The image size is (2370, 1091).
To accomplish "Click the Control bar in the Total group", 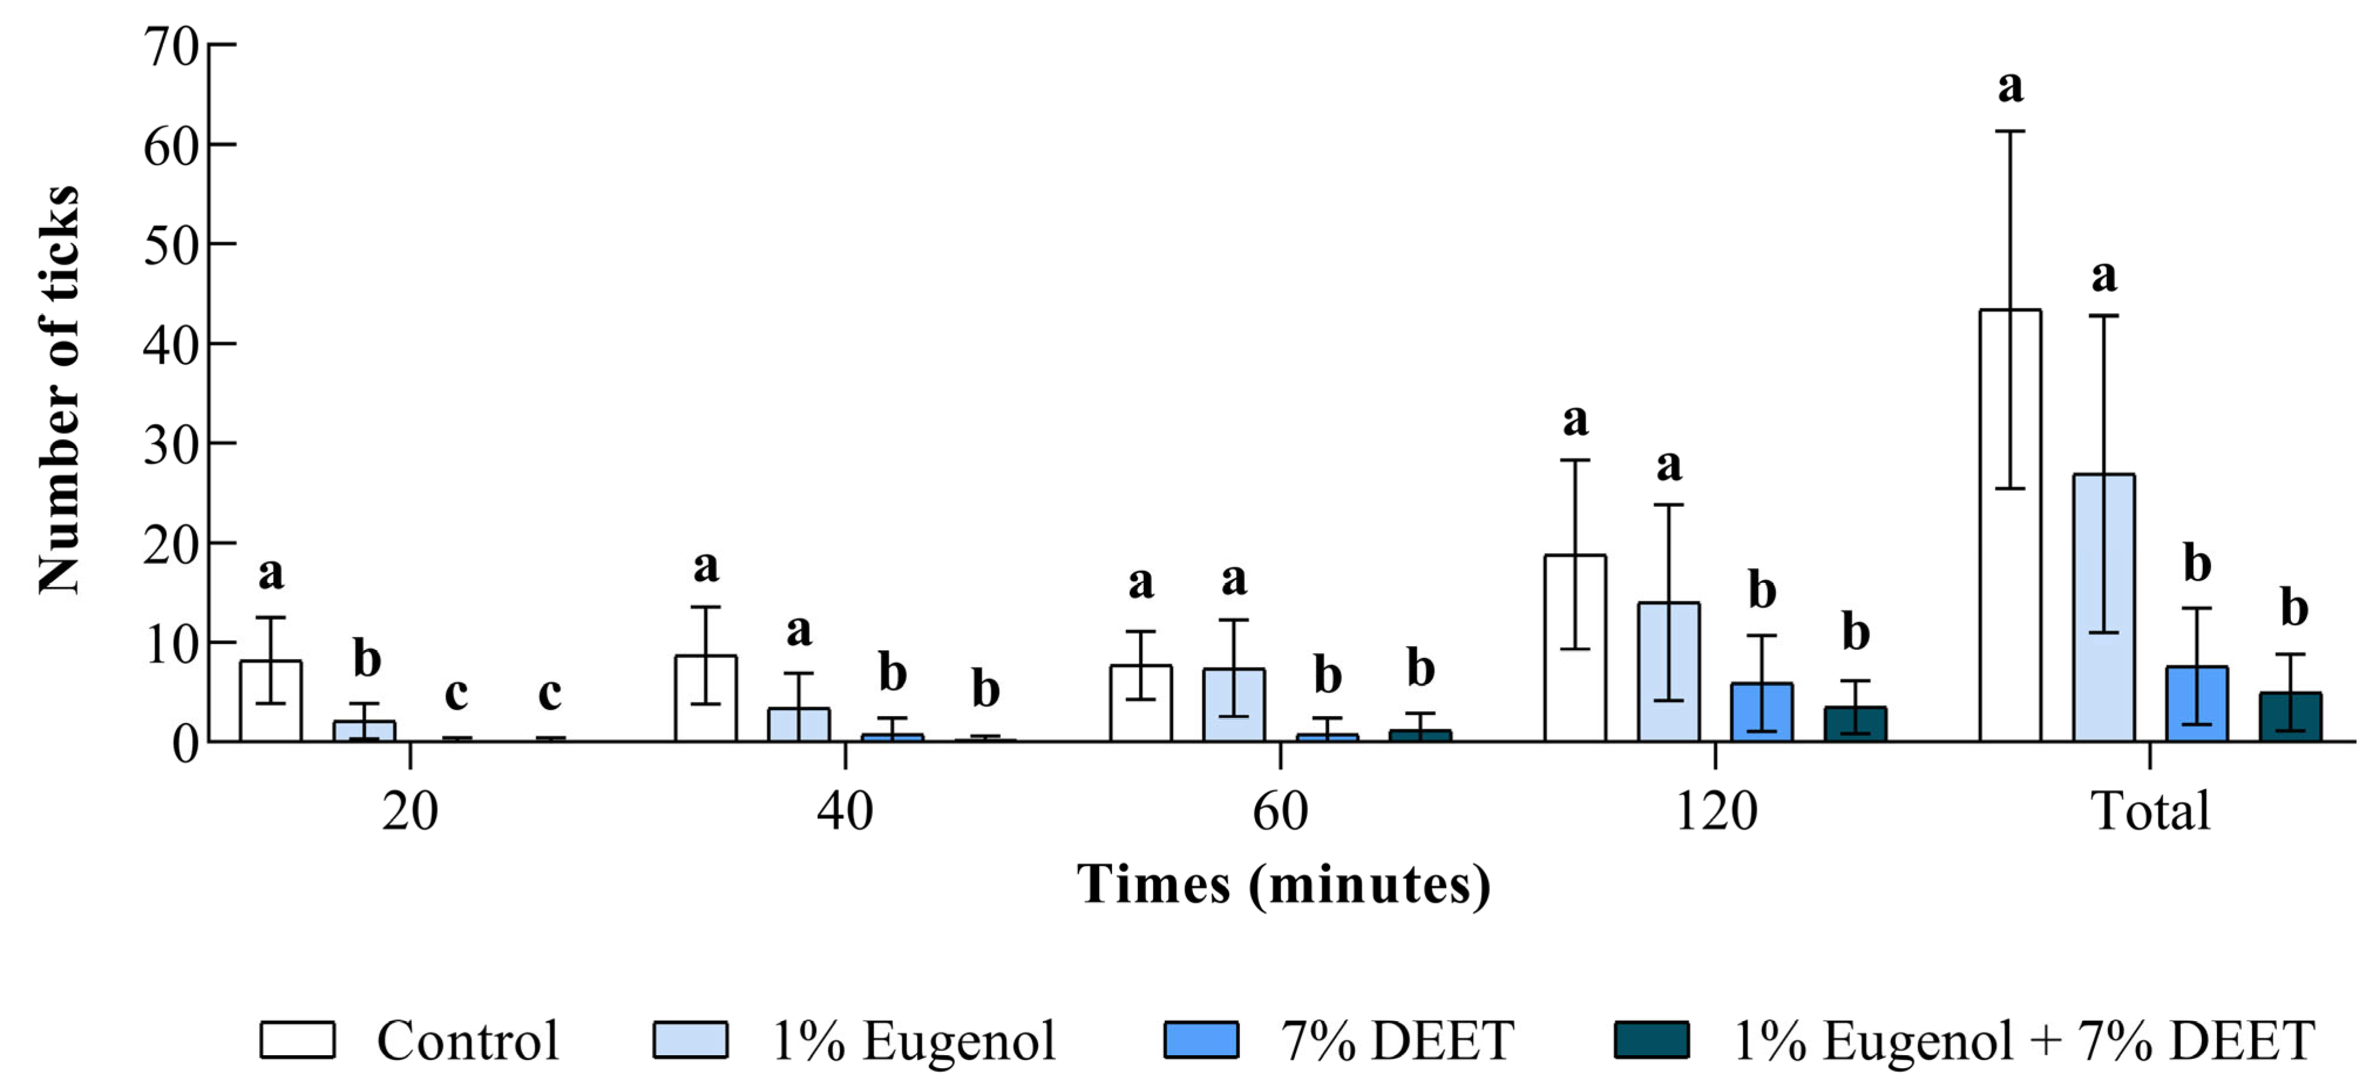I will (2009, 552).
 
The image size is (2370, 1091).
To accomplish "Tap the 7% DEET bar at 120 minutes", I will (1761, 713).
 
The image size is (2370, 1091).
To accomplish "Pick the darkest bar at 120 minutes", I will (1855, 725).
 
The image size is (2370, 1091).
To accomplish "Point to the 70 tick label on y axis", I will (171, 46).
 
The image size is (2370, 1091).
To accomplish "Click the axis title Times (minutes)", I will (1283, 885).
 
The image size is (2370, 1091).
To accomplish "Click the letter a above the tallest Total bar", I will (2009, 87).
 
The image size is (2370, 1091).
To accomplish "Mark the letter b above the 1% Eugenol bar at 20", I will (366, 660).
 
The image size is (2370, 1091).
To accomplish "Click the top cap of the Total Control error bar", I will (2009, 132).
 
